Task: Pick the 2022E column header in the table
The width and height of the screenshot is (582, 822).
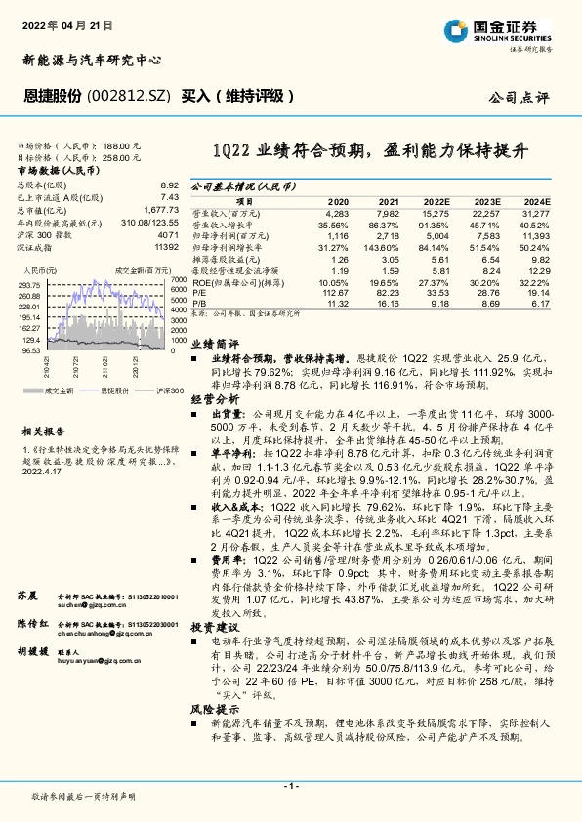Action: tap(436, 202)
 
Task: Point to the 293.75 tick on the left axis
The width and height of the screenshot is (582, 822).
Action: tap(32, 284)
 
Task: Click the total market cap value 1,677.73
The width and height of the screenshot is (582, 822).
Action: tap(160, 210)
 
